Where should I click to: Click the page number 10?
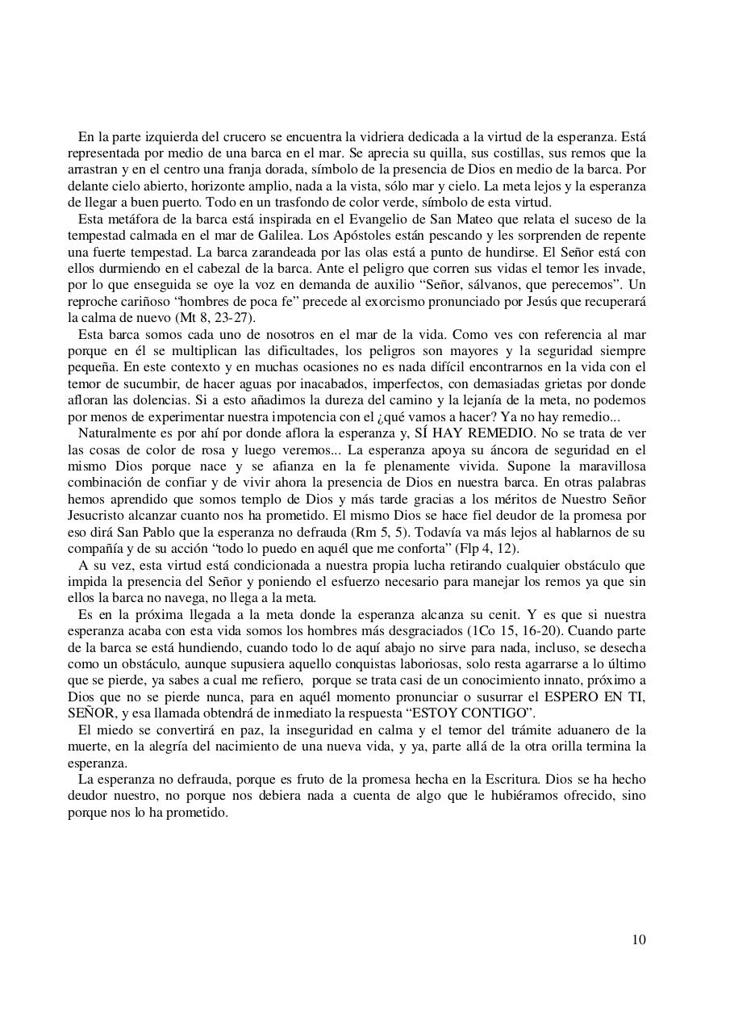click(638, 939)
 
